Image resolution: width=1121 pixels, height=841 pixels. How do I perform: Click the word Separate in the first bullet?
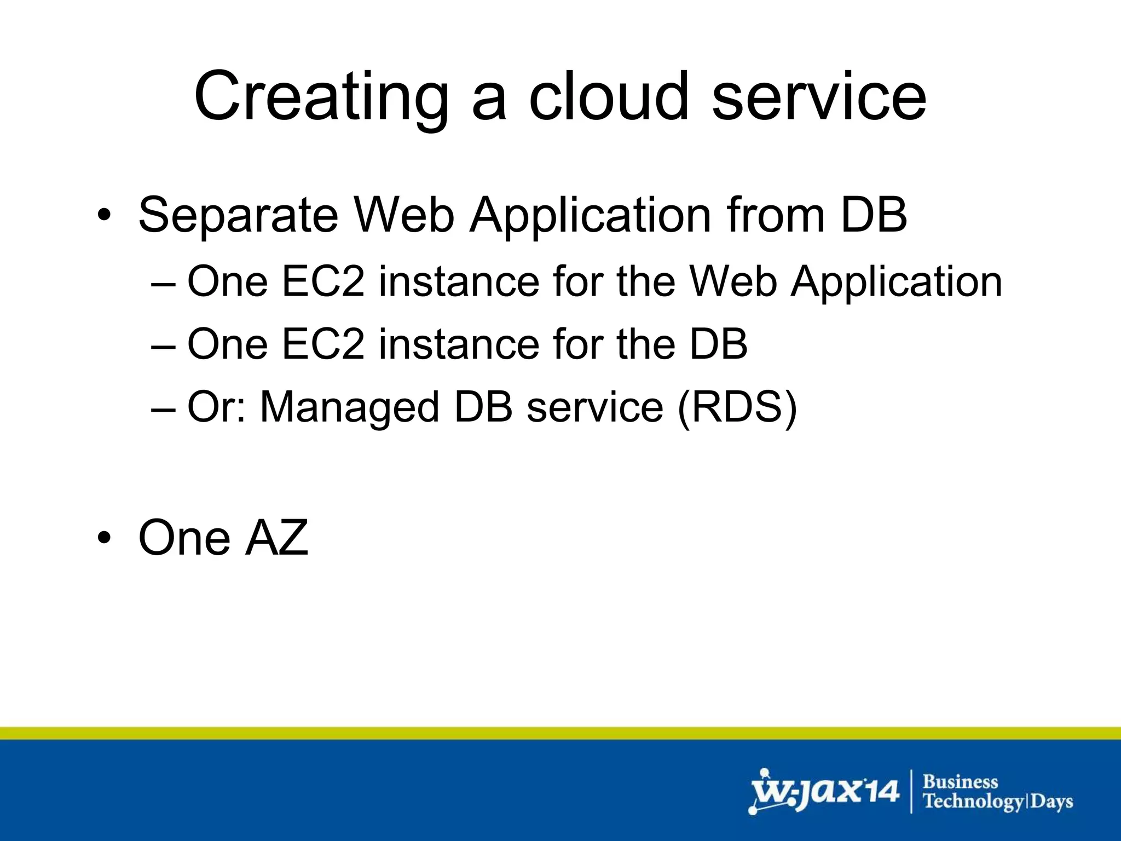[238, 216]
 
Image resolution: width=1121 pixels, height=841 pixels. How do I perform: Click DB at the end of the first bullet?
[874, 215]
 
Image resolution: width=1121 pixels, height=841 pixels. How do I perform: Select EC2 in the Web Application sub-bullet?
[323, 281]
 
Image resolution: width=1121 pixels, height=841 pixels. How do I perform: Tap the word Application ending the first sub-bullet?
[897, 283]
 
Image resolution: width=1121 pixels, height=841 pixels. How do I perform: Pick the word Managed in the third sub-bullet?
[349, 408]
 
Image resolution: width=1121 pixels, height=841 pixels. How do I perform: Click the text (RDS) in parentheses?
[737, 407]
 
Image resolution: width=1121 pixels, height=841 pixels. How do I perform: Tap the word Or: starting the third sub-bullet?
[217, 407]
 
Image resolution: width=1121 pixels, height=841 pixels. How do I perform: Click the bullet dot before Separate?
[103, 216]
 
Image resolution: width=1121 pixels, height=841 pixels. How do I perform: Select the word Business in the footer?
[961, 781]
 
